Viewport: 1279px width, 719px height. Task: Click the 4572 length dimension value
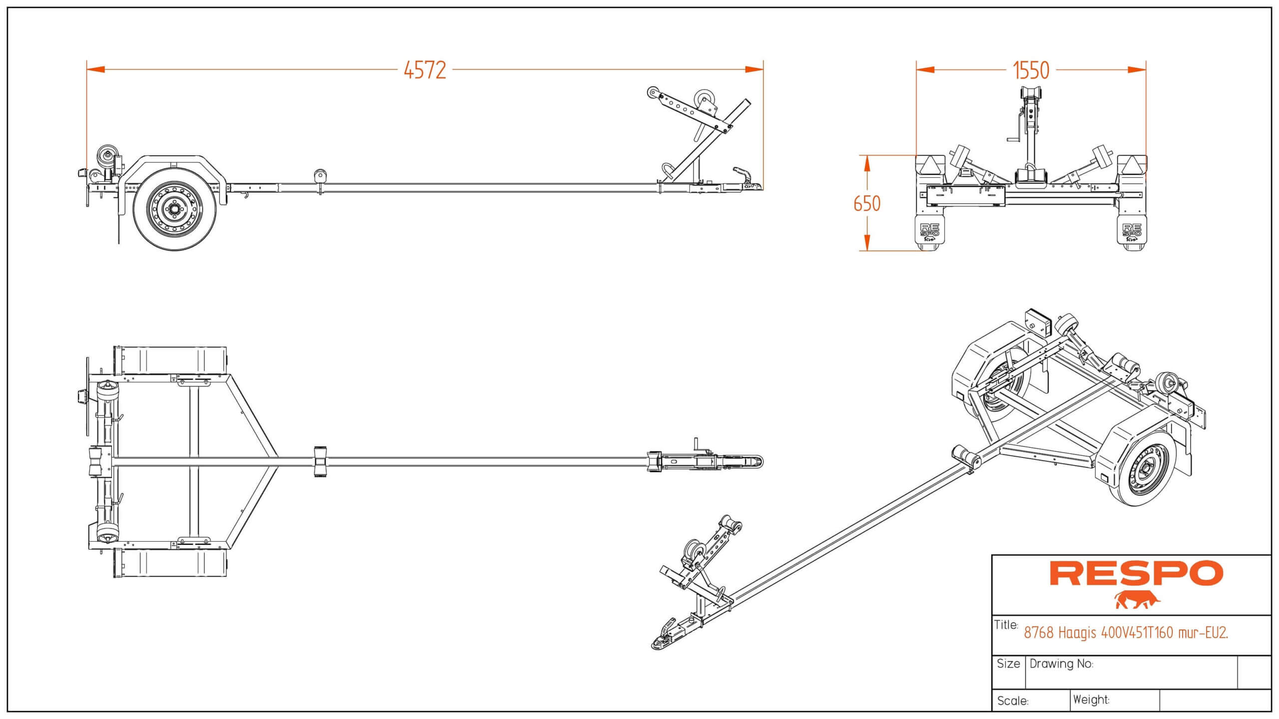[425, 70]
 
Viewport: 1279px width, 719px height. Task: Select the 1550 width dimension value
[1031, 70]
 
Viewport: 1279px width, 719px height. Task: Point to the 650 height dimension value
[867, 204]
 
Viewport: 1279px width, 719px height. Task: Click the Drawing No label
[1061, 664]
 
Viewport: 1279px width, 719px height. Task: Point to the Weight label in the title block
[1091, 700]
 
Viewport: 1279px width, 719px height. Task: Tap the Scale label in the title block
[1013, 701]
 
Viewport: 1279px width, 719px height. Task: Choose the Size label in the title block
[1008, 664]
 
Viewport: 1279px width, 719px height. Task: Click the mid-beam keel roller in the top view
[319, 461]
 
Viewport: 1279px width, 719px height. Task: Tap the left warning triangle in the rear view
[930, 164]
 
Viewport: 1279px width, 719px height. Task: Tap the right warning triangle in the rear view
[1132, 164]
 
